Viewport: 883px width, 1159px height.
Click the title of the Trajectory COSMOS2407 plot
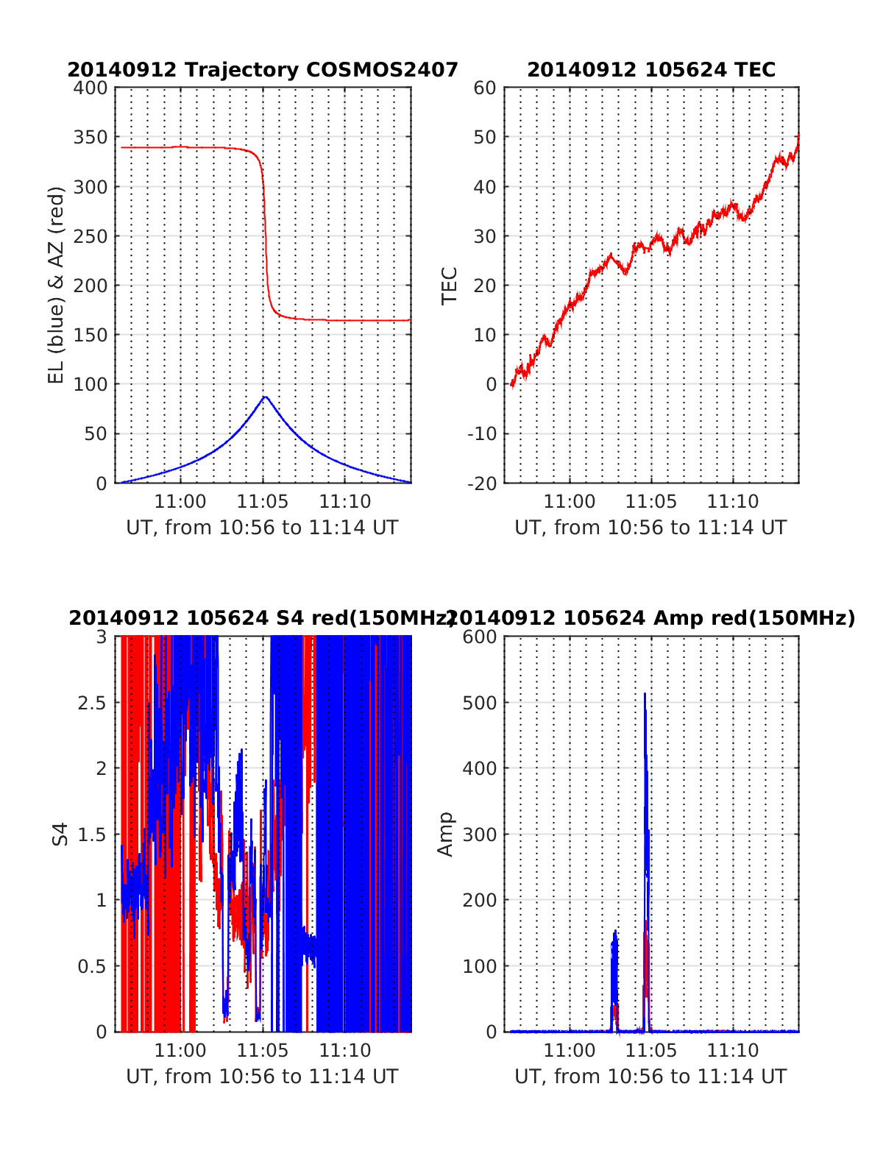(263, 70)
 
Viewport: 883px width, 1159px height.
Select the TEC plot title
(651, 70)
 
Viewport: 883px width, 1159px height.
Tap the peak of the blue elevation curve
(265, 397)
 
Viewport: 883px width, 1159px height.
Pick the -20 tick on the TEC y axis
(483, 483)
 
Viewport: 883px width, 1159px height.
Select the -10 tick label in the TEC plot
(483, 434)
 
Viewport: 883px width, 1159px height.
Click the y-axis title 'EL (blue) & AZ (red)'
(57, 285)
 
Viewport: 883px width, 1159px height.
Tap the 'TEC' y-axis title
(449, 286)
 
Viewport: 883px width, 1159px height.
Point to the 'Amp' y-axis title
(445, 834)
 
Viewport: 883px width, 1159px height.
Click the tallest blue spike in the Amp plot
(645, 695)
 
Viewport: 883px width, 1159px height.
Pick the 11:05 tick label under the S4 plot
(263, 1050)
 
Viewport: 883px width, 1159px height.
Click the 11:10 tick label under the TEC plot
(733, 502)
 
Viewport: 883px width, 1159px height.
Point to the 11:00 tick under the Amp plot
(570, 1050)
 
